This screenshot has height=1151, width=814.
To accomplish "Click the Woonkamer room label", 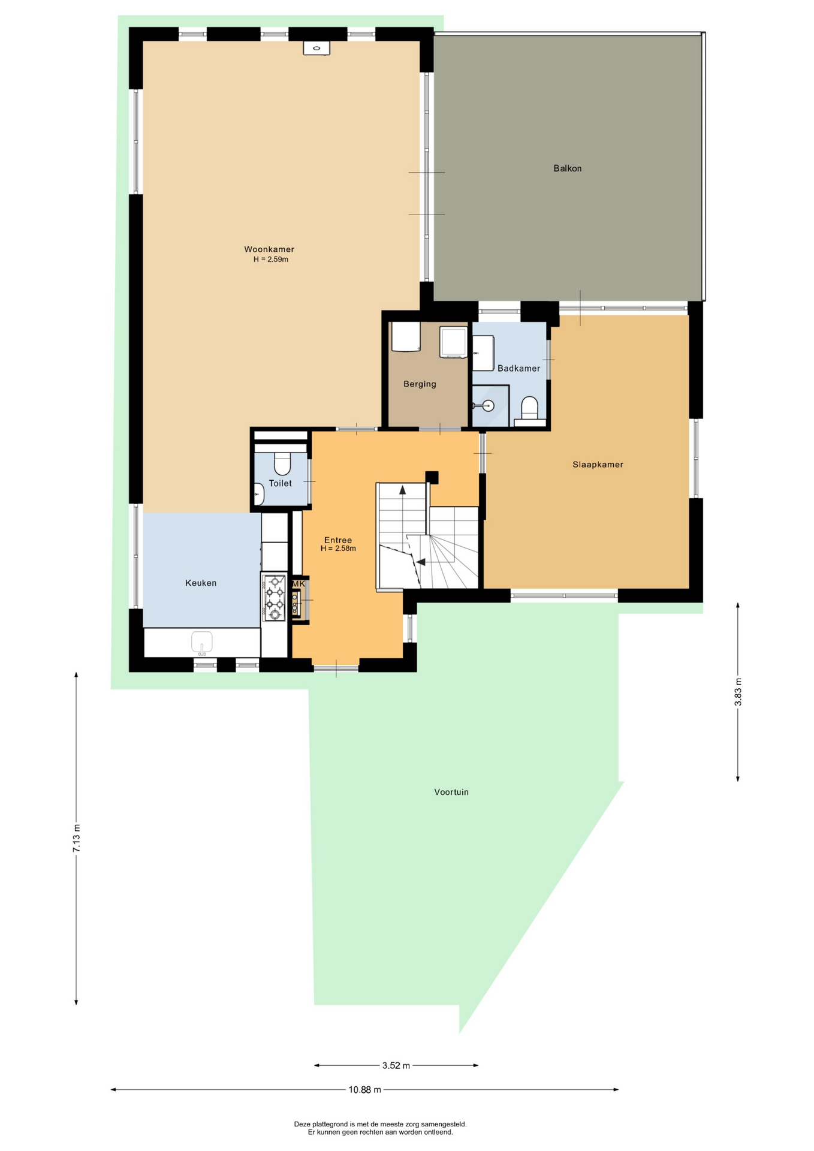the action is pos(269,249).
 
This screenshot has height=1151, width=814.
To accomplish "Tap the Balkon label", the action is pos(568,168).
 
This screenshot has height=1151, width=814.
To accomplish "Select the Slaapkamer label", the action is pos(598,465).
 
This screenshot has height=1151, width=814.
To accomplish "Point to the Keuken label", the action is pos(201,583).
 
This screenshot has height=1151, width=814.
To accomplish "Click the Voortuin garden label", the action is pos(451,792).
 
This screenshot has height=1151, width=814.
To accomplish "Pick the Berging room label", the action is pos(420,384).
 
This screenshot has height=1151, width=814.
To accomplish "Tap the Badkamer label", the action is pos(518,369).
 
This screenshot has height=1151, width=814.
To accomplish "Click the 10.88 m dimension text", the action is pos(365,1090).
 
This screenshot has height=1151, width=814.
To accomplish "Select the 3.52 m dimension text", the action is pos(396,1065).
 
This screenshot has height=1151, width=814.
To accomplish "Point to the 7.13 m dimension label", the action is pos(76,838).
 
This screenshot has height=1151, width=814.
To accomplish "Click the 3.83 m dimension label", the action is pos(738,692).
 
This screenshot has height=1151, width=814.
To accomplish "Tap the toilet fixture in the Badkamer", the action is pos(529,410).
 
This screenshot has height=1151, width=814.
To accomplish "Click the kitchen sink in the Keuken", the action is pos(202,643).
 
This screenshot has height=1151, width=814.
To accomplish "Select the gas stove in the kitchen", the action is pos(275,597).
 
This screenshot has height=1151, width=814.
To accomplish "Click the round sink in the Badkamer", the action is pos(487,406).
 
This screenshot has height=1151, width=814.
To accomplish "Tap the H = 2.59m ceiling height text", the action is pos(271,260).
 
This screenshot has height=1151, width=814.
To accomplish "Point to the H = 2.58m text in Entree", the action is pos(338,549).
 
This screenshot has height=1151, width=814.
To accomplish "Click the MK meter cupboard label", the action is pos(299,583).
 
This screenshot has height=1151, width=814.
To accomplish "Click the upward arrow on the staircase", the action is pos(402,489).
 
